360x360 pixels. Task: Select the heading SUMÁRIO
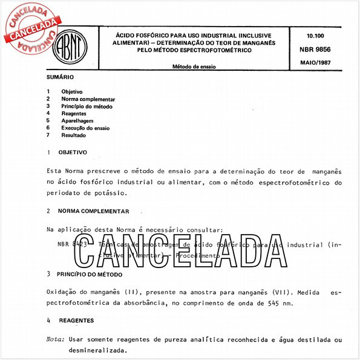[60, 77]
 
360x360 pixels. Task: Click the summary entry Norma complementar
[88, 99]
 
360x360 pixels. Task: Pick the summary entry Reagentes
[74, 113]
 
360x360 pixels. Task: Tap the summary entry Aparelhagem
[77, 120]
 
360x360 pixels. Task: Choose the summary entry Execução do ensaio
[85, 128]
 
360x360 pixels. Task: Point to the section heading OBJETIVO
[73, 152]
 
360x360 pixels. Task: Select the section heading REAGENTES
[76, 319]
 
